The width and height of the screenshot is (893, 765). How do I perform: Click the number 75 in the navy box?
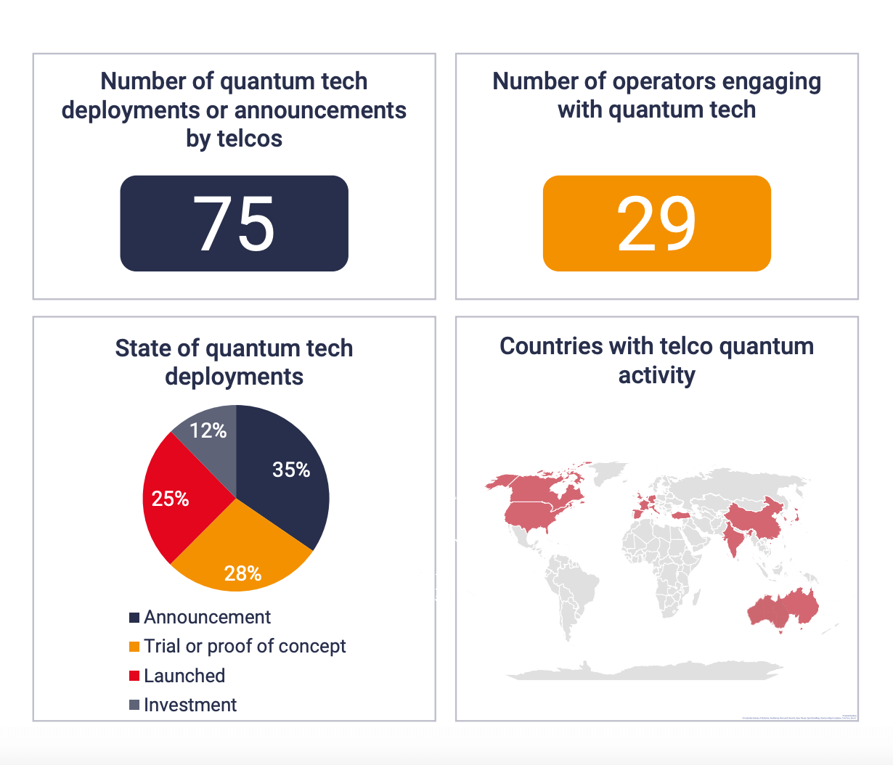point(234,224)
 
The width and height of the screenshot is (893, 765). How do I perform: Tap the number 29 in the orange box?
point(656,224)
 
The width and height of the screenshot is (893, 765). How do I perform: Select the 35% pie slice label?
point(291,470)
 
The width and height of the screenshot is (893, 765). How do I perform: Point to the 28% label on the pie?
point(242,574)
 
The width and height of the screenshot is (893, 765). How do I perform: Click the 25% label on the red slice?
point(170,499)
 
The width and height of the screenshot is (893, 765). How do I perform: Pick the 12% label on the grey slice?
point(208,431)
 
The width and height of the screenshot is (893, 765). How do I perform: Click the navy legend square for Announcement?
point(134,618)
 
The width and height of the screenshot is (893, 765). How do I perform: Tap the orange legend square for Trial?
point(134,647)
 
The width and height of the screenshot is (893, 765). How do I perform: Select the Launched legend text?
point(184,676)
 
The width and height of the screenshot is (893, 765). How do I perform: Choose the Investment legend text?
point(190,705)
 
